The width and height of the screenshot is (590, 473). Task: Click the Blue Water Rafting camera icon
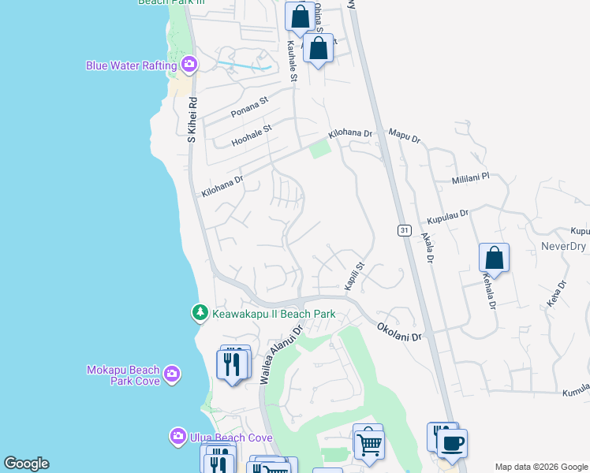(x=189, y=64)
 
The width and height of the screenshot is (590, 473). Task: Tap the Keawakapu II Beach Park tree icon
(x=200, y=313)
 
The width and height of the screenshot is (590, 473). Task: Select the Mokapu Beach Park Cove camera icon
(x=172, y=372)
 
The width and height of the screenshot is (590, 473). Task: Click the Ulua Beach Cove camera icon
(x=177, y=436)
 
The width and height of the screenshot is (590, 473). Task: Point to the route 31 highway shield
(x=403, y=229)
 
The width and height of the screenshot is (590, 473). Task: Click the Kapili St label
(x=352, y=276)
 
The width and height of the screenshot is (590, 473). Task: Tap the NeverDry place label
(x=563, y=247)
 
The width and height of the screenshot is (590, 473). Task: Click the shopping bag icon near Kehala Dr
(x=494, y=258)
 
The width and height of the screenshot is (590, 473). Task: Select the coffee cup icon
(x=452, y=444)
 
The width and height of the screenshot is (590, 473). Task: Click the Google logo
(x=26, y=463)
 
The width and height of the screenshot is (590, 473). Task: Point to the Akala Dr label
(x=428, y=248)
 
